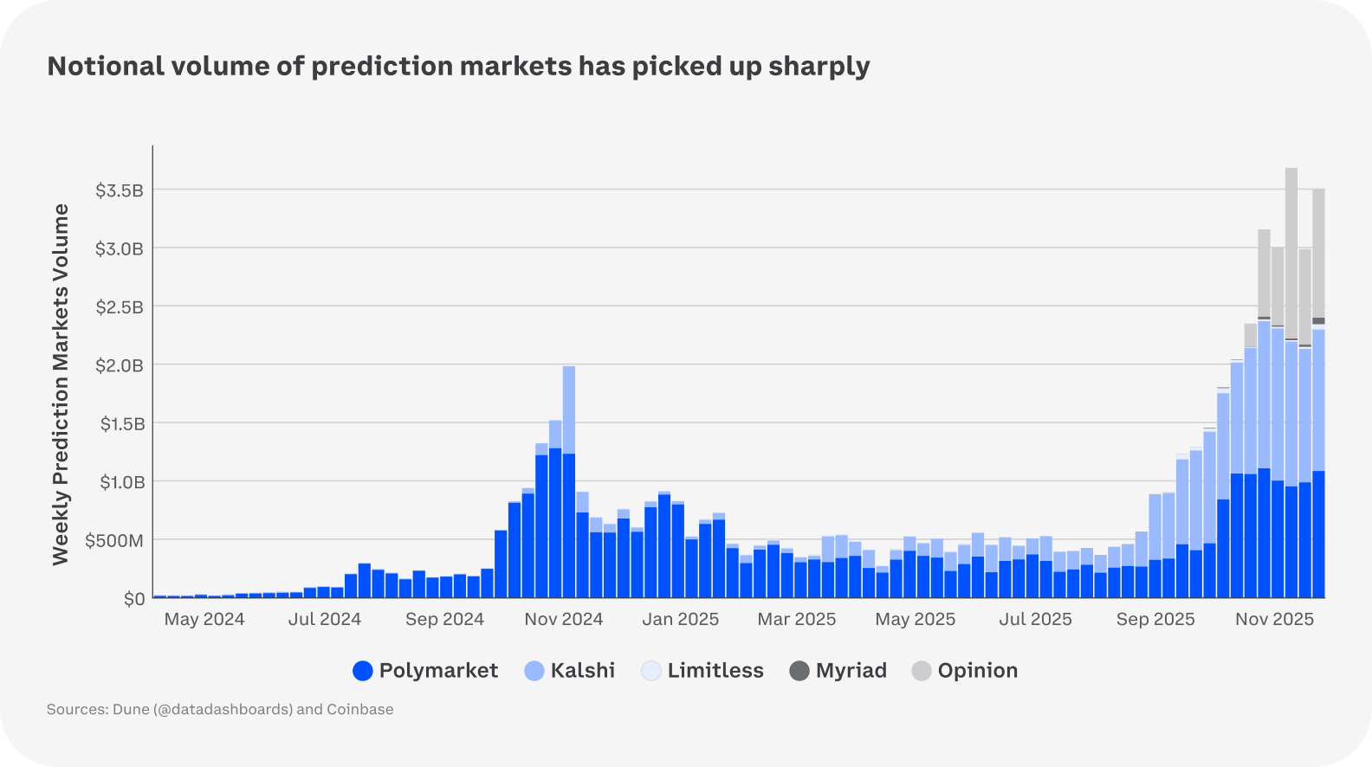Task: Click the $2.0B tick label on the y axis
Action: point(120,365)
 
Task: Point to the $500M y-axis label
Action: point(114,541)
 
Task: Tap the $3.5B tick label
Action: point(120,190)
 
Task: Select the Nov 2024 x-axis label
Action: point(563,619)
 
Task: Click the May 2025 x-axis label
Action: point(915,619)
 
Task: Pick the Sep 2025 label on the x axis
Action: point(1155,619)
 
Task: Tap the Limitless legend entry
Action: point(702,671)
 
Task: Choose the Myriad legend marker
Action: point(799,671)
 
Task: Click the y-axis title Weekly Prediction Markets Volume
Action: point(61,384)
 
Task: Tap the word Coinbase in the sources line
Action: point(359,709)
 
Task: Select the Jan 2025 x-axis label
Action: point(680,619)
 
